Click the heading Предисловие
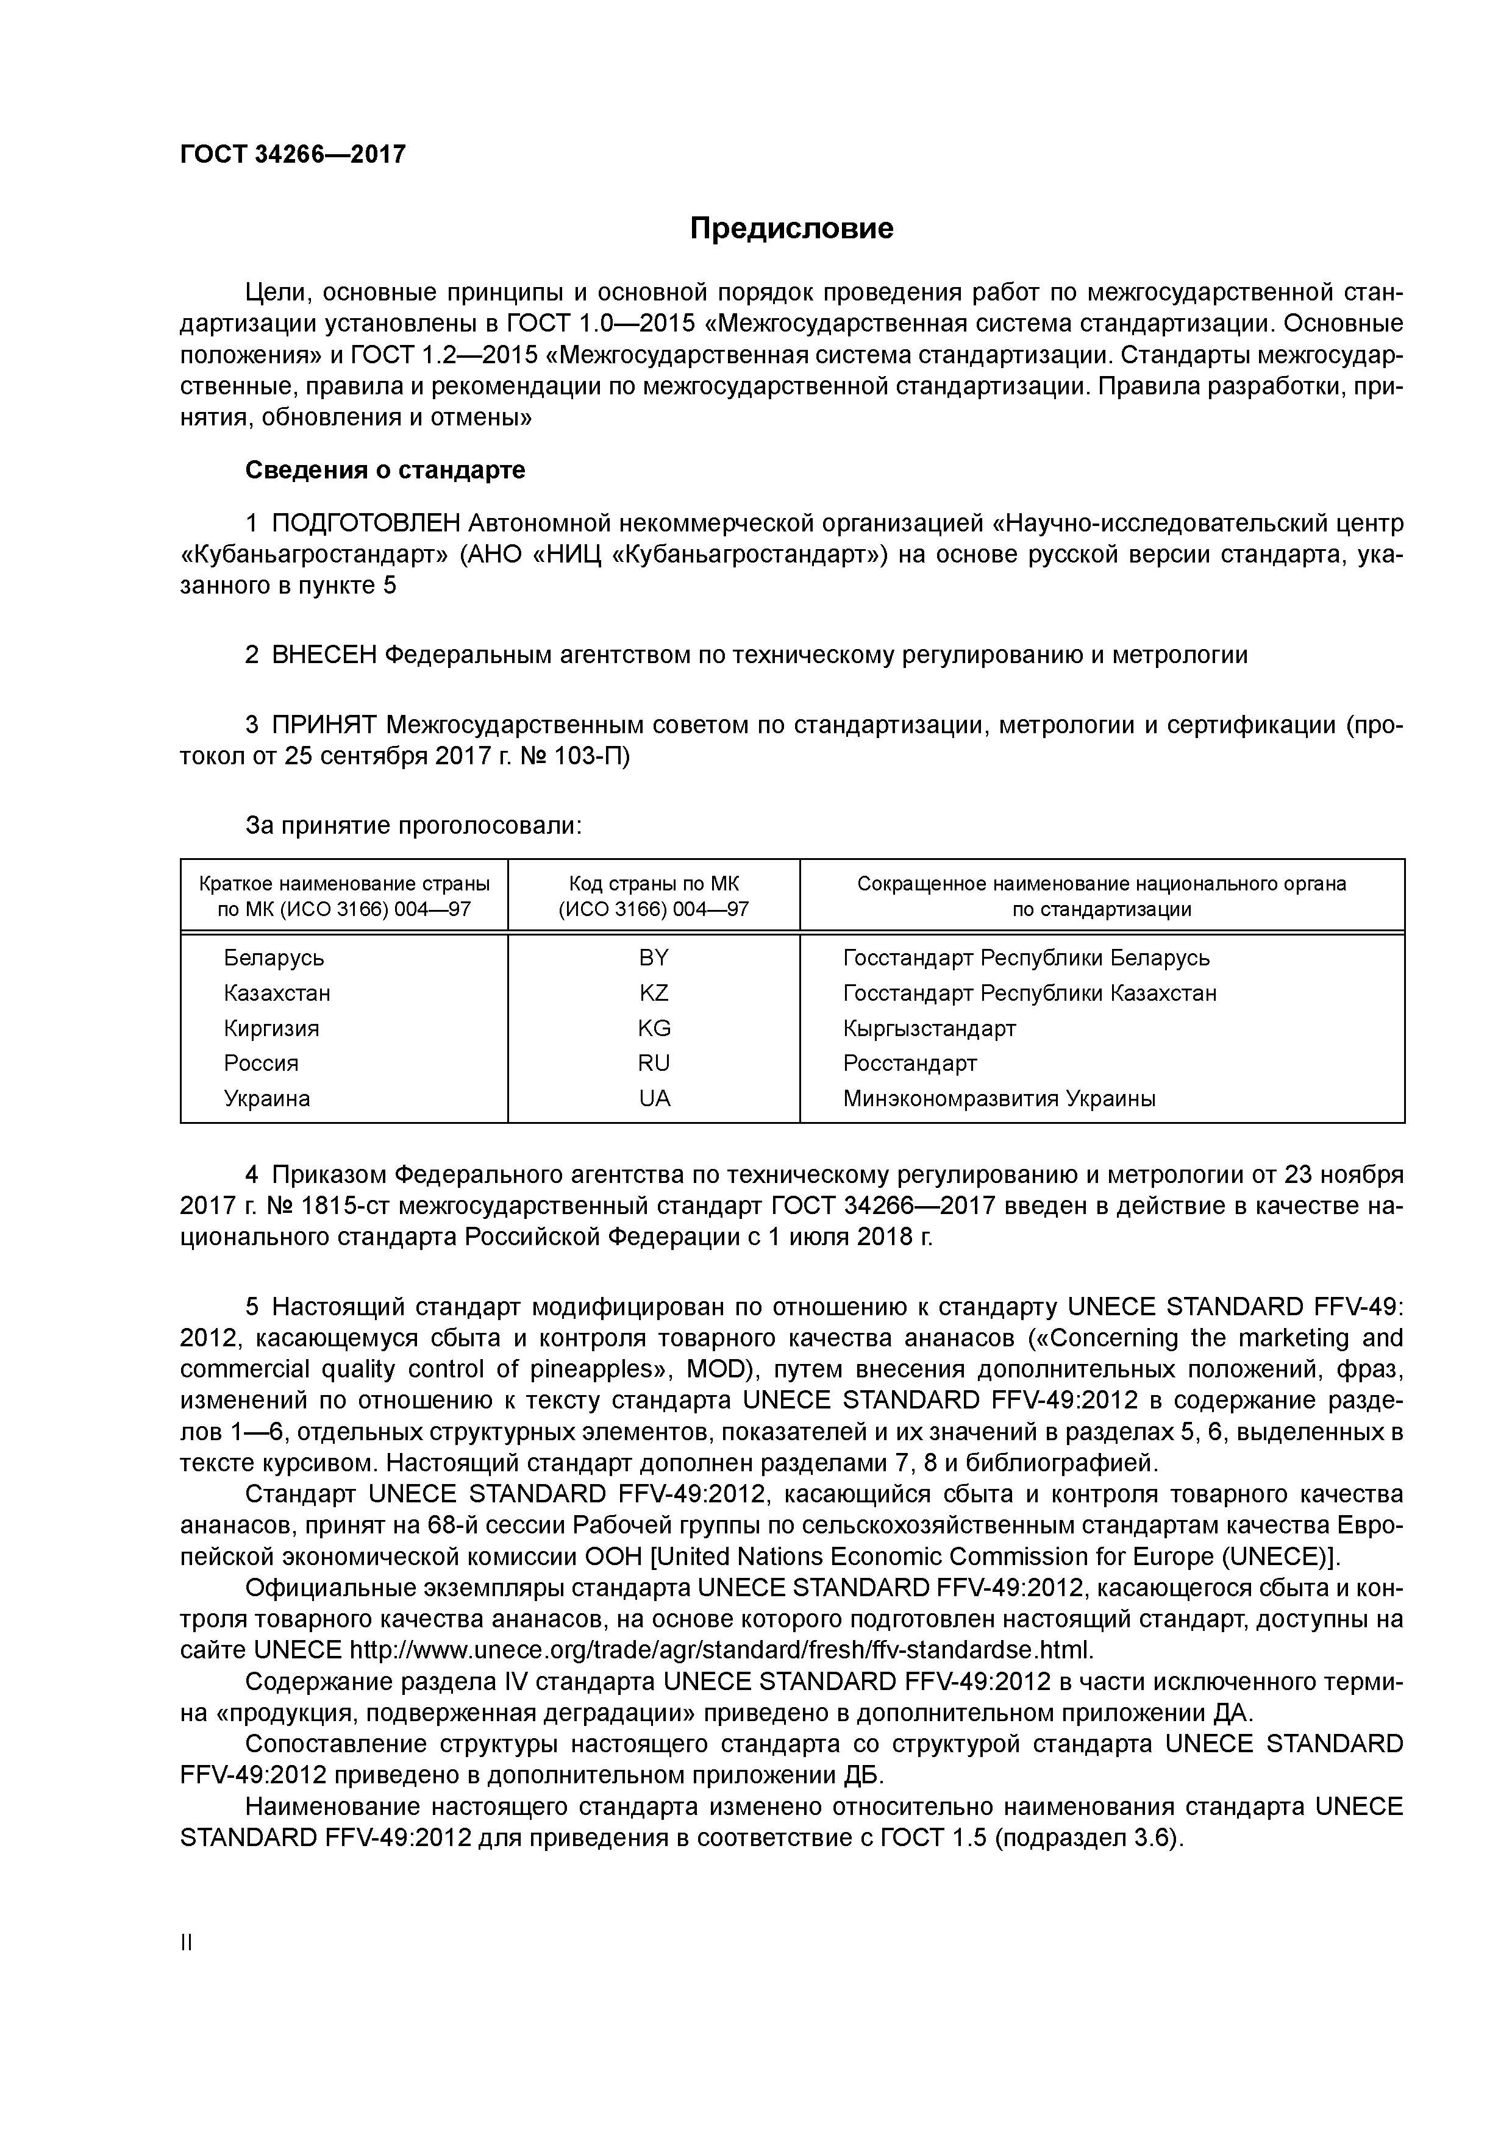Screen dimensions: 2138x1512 [x=791, y=228]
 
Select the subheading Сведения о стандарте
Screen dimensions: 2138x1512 [x=385, y=471]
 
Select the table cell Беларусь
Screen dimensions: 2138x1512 [x=274, y=957]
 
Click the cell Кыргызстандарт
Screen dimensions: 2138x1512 [x=929, y=1028]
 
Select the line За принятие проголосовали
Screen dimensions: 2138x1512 [x=413, y=825]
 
